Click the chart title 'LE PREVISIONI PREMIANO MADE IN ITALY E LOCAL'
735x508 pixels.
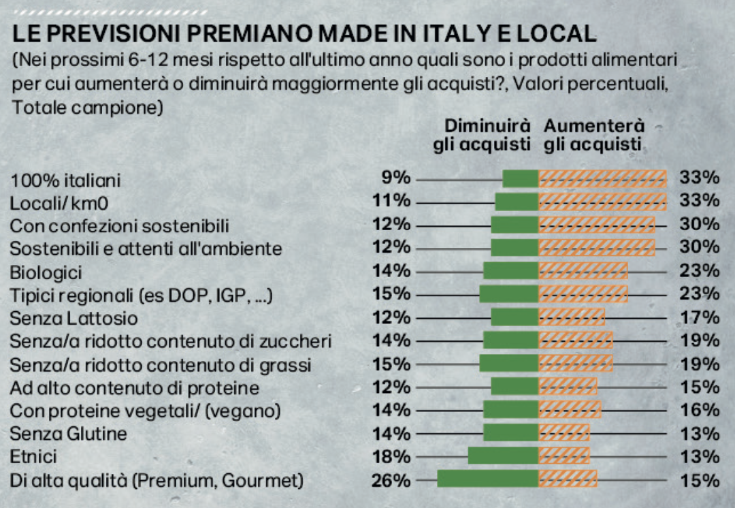[x=304, y=34]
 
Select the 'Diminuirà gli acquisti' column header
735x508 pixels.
[x=482, y=135]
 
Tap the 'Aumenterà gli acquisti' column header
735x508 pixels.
[x=593, y=135]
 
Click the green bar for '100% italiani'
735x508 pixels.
[x=521, y=178]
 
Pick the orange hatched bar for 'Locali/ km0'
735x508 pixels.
[x=602, y=202]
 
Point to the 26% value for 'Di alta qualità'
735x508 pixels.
[x=391, y=480]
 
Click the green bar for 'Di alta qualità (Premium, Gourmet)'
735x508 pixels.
[x=487, y=479]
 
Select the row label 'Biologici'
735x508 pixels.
[x=46, y=272]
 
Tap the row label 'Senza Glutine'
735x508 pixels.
[x=68, y=433]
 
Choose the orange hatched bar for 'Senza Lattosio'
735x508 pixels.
[x=572, y=317]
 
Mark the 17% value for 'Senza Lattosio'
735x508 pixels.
[x=700, y=317]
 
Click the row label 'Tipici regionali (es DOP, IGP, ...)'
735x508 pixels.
[x=142, y=295]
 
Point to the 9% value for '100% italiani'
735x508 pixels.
[x=396, y=178]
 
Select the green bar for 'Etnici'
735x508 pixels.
[x=503, y=456]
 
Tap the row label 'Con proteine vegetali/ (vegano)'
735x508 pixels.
[x=145, y=411]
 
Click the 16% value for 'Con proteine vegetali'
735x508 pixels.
[x=700, y=410]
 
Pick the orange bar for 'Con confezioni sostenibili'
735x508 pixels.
[x=597, y=225]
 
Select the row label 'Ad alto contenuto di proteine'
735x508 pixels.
[x=135, y=387]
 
